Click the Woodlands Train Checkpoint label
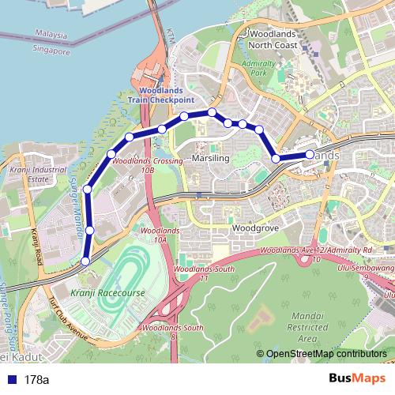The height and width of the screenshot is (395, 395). point(160,96)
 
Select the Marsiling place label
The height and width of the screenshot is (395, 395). point(210,159)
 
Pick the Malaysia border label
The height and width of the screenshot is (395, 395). point(51,36)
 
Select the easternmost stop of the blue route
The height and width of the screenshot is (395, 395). point(310,155)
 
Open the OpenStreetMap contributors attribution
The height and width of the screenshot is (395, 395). point(325,355)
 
